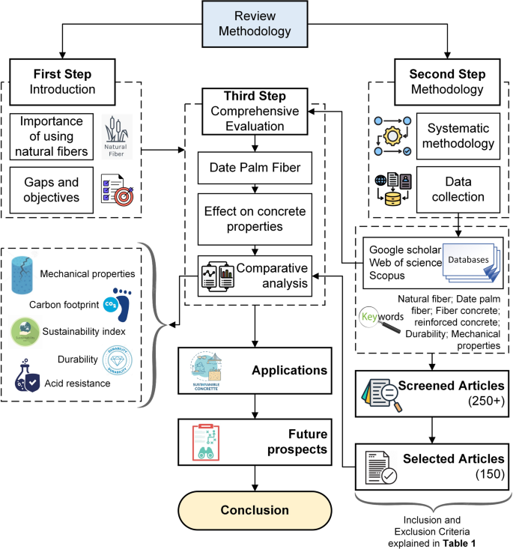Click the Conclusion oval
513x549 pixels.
point(255,511)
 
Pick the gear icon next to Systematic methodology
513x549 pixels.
point(391,140)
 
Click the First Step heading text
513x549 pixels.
point(62,75)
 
